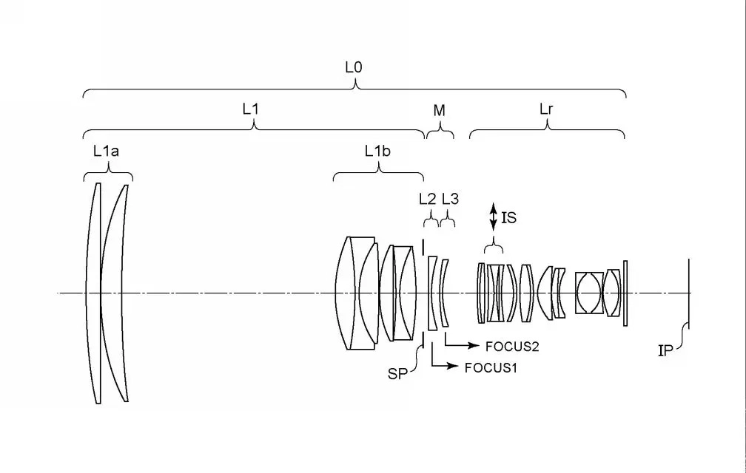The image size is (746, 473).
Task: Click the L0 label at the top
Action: tap(354, 68)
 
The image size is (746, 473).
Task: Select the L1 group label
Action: tap(251, 109)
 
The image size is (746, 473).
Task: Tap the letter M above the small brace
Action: tap(439, 111)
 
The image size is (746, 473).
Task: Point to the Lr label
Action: tap(546, 109)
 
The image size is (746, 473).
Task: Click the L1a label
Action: tap(106, 152)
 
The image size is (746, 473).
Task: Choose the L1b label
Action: tap(377, 151)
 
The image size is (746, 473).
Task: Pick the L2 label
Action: tap(427, 199)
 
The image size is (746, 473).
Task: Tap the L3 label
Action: tap(450, 199)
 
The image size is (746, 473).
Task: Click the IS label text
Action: tap(509, 217)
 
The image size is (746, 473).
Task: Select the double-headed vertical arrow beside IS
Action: tap(494, 217)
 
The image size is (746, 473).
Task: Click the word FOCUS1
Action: tap(491, 367)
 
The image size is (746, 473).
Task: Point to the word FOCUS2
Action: tap(512, 347)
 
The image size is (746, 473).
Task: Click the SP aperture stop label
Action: tap(397, 374)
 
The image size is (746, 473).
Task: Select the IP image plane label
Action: tap(665, 351)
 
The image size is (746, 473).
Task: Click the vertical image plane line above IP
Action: tap(689, 294)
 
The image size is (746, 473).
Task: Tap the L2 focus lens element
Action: tap(431, 293)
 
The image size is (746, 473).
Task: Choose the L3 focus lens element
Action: tap(444, 293)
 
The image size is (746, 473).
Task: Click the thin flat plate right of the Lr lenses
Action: tap(625, 293)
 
